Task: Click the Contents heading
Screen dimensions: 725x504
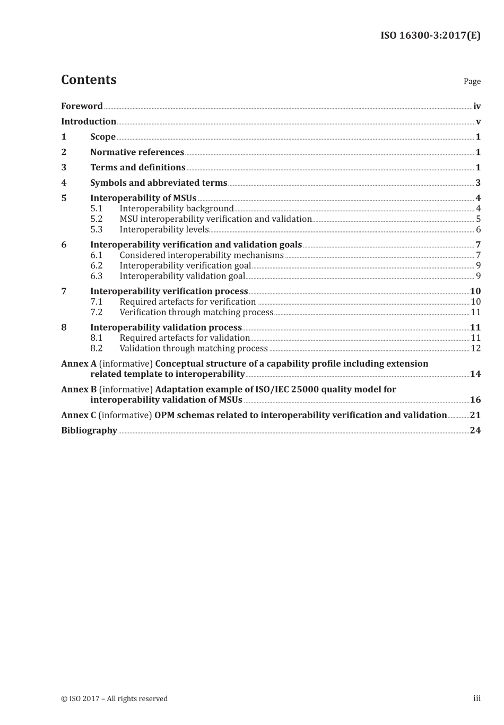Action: [x=89, y=80]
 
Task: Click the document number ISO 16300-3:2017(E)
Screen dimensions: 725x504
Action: [x=430, y=36]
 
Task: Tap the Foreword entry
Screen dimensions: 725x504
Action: [x=82, y=106]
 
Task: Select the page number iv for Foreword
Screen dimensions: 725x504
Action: [x=477, y=106]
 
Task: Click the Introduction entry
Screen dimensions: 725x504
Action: [x=89, y=122]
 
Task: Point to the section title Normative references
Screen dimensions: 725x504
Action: [x=137, y=152]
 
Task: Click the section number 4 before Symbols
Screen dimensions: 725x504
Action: [x=64, y=183]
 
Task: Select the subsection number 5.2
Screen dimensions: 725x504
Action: [x=96, y=219]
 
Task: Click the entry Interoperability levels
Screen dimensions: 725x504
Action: [x=164, y=230]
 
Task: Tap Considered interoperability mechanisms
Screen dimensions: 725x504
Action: [x=202, y=255]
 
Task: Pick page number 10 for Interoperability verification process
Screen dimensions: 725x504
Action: [x=475, y=291]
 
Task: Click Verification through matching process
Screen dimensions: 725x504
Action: [x=196, y=313]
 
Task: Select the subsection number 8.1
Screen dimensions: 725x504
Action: [x=96, y=338]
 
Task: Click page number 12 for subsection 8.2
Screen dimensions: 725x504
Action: [x=476, y=349]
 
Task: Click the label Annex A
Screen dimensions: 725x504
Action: [x=79, y=364]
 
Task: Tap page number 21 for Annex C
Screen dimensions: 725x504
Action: [x=475, y=416]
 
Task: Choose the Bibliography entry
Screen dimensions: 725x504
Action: [x=89, y=430]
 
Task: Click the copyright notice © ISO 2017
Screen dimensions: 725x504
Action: [x=114, y=698]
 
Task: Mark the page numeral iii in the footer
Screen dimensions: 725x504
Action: [x=477, y=698]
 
